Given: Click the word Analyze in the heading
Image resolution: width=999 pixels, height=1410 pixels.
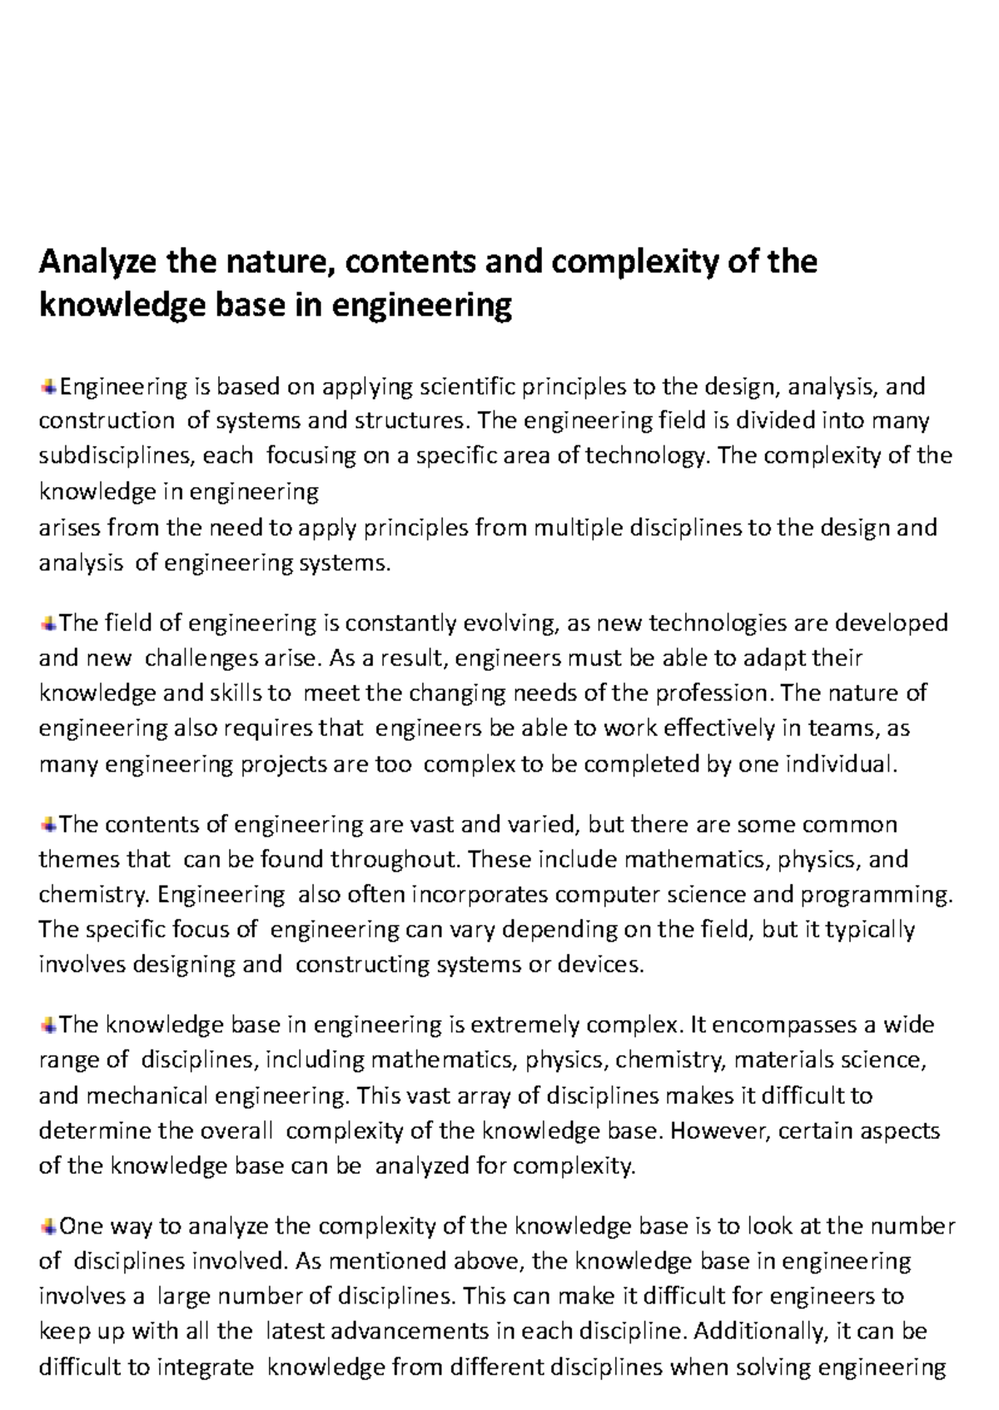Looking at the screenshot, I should (x=98, y=263).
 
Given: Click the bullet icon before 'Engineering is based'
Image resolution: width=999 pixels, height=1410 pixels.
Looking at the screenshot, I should (x=48, y=385).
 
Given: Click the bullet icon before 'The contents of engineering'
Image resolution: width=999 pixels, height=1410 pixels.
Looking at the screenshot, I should (x=48, y=824).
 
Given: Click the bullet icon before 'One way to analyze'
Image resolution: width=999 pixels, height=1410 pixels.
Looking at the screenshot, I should (x=48, y=1225).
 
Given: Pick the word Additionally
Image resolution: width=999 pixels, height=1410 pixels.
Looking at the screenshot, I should (x=758, y=1331).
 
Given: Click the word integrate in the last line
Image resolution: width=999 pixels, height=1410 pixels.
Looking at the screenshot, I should (x=205, y=1367).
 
